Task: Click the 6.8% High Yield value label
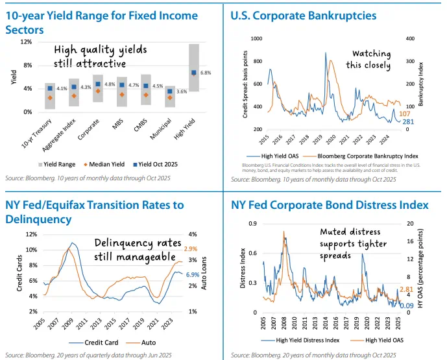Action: pyautogui.click(x=206, y=73)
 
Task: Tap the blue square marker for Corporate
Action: pyautogui.click(x=98, y=84)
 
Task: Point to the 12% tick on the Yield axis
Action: pyautogui.click(x=28, y=42)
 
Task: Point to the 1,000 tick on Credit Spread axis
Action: pyautogui.click(x=252, y=39)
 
